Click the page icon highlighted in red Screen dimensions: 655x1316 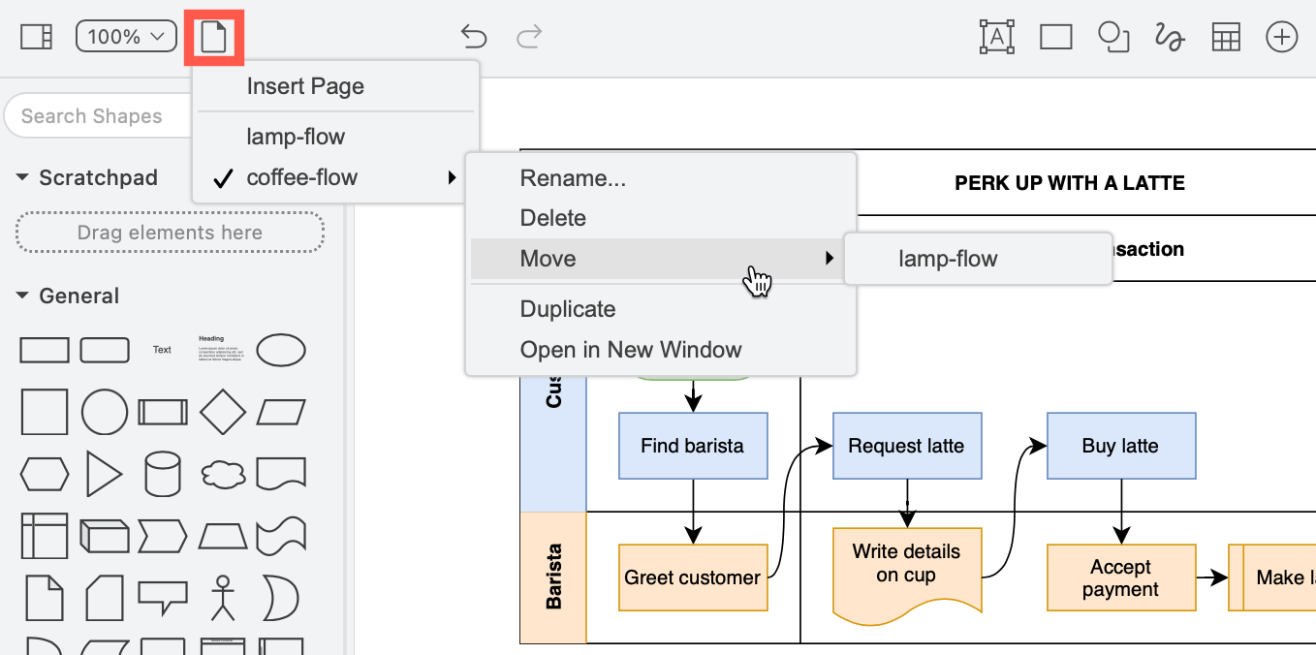[213, 38]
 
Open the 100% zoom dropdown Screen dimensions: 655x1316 [126, 37]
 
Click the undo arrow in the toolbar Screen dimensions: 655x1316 [473, 37]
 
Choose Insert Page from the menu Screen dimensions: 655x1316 [305, 86]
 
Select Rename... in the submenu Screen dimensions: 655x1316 [573, 178]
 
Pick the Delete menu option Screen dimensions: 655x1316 [553, 218]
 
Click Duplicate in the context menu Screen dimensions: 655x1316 [568, 309]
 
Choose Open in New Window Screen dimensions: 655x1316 [631, 350]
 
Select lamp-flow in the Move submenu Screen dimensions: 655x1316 [948, 259]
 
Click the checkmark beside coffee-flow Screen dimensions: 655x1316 [223, 178]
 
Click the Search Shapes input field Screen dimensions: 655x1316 [92, 116]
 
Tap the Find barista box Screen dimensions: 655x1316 [693, 446]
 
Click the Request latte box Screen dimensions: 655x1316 [906, 446]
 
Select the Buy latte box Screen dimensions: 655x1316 [1120, 446]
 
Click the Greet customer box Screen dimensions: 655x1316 [693, 577]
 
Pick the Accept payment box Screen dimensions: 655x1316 [1120, 577]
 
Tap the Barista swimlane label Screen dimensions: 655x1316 [553, 577]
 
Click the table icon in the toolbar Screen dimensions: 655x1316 [1226, 37]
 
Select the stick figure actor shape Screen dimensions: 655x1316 [223, 597]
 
